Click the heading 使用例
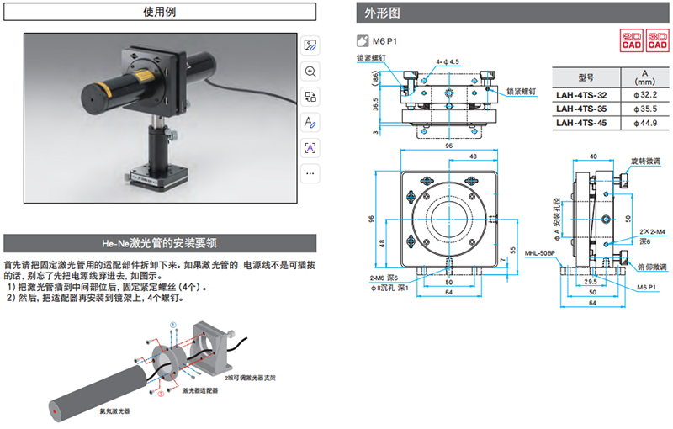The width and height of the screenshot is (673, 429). [x=160, y=13]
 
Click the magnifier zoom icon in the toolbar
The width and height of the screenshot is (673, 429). [x=310, y=72]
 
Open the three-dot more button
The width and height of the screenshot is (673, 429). [x=310, y=173]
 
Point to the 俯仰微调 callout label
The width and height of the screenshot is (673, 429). [x=650, y=267]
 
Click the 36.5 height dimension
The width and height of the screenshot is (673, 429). [x=377, y=101]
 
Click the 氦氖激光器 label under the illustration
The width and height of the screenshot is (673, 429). [x=115, y=410]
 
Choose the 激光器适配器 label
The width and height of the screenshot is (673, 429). [x=202, y=389]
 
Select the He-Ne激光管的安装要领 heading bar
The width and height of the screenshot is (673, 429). [x=160, y=243]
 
